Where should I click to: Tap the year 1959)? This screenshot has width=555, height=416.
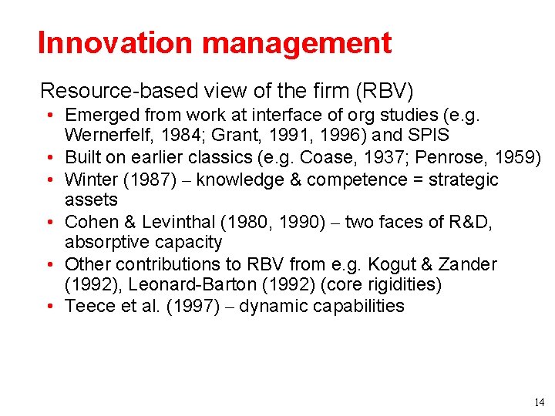tap(522, 159)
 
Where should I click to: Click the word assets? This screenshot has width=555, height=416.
tap(91, 200)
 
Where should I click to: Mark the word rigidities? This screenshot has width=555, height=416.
tap(399, 285)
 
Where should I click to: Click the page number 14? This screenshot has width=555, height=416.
tap(537, 402)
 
